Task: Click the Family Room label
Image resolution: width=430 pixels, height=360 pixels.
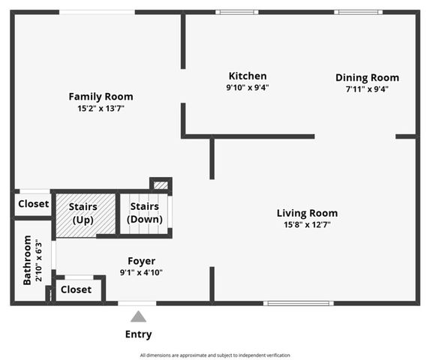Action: pos(101,96)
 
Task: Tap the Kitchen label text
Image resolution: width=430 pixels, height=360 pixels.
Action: pos(248,76)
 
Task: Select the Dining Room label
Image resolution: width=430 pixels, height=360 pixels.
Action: pos(367,77)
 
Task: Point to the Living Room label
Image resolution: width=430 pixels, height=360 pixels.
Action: pos(307,212)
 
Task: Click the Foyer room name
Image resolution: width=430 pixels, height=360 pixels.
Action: pos(141,261)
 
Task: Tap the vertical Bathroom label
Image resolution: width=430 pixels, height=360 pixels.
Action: pos(28,260)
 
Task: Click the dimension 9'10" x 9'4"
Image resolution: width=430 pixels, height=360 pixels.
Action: pos(247,87)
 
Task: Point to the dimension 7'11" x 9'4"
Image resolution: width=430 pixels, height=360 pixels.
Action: pos(367,88)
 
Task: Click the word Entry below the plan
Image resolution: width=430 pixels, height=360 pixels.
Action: pos(138,334)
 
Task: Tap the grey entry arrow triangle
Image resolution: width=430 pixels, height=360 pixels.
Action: pos(138,316)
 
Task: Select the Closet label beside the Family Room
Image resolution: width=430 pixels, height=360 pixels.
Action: pos(33,204)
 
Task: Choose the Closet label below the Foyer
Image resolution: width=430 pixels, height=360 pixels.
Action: pos(76,289)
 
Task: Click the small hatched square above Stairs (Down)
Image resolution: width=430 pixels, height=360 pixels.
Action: pos(161,184)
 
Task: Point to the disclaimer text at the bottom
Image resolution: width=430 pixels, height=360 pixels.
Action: pos(215,355)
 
